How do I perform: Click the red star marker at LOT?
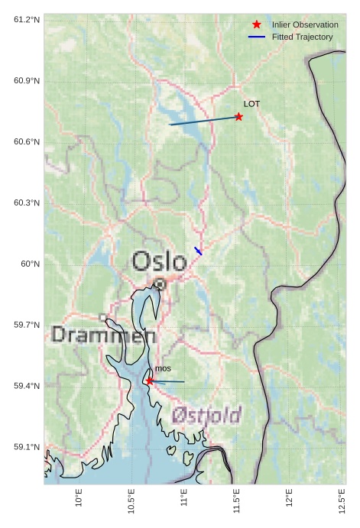239,117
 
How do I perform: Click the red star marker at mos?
150,381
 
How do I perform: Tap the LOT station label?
251,104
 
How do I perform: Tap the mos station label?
163,369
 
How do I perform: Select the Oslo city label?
159,261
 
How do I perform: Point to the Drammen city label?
104,335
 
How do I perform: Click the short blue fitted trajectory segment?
199,251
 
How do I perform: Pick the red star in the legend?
257,24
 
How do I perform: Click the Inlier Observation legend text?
305,24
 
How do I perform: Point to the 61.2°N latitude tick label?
27,19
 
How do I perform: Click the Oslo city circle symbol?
160,283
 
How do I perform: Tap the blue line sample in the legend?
257,37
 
